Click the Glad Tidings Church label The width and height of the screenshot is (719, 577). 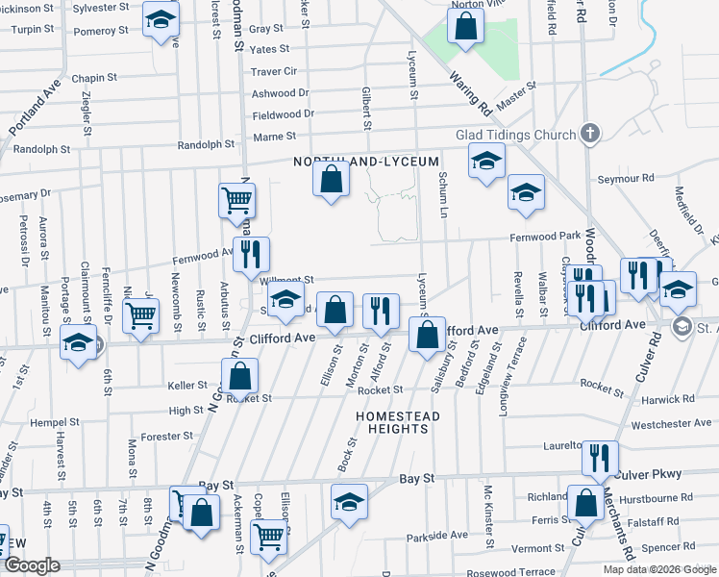point(516,134)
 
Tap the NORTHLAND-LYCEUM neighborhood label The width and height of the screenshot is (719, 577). point(365,161)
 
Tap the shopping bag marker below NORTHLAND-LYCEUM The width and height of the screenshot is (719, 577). point(331,179)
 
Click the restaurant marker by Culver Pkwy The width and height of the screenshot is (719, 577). point(600,459)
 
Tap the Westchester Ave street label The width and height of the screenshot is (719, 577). point(671,423)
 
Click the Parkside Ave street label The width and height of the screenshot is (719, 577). point(434,537)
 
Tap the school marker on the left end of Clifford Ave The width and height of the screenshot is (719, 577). point(78,343)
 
